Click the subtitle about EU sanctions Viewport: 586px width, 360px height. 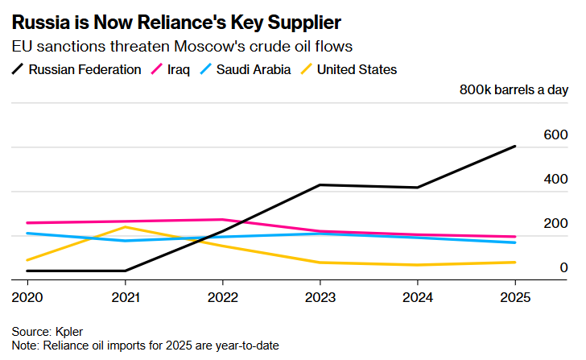point(182,48)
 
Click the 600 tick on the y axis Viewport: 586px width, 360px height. point(555,134)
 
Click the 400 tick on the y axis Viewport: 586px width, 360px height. point(555,179)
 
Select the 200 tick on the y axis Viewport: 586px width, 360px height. point(555,223)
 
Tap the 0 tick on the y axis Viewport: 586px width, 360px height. point(564,267)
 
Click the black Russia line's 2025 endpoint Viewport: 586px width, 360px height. point(515,146)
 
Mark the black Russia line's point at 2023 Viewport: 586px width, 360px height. point(320,185)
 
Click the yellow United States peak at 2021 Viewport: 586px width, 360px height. point(125,227)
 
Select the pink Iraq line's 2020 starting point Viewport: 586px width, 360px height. point(27,223)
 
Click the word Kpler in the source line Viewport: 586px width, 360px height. point(69,332)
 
